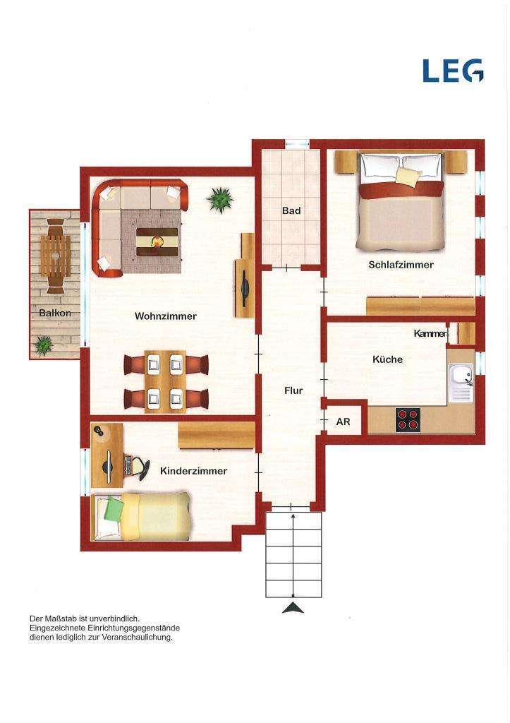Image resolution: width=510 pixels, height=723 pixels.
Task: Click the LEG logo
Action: pyautogui.click(x=453, y=70)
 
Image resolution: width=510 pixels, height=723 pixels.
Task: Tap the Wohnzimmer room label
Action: pyautogui.click(x=166, y=316)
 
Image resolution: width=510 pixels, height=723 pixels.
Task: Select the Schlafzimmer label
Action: pyautogui.click(x=401, y=265)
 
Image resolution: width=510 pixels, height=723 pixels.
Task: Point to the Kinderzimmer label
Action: pyautogui.click(x=193, y=471)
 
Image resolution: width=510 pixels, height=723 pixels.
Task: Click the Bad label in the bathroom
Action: pyautogui.click(x=291, y=210)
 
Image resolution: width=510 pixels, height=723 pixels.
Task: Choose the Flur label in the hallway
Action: pyautogui.click(x=293, y=390)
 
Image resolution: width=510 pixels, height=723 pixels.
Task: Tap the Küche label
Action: pyautogui.click(x=387, y=359)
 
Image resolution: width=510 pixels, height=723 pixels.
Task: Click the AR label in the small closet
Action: pyautogui.click(x=343, y=422)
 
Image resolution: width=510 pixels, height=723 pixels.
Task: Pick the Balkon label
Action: pyautogui.click(x=55, y=313)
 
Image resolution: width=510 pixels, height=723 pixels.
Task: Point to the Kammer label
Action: pyautogui.click(x=430, y=333)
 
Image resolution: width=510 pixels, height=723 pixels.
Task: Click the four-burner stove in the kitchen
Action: pyautogui.click(x=408, y=419)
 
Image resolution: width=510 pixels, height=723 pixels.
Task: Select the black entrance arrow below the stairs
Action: pyautogui.click(x=293, y=608)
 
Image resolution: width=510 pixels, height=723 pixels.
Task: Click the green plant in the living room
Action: pyautogui.click(x=220, y=200)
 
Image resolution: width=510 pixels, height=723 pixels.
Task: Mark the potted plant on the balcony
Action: pyautogui.click(x=44, y=345)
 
